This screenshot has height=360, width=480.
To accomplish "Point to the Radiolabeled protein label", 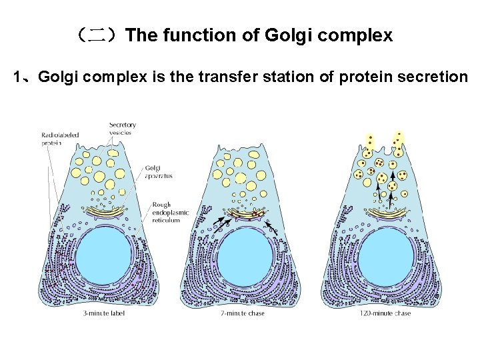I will (60, 139).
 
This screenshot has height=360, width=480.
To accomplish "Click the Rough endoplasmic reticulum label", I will (170, 213).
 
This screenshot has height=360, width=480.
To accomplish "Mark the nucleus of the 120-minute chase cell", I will (387, 257).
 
